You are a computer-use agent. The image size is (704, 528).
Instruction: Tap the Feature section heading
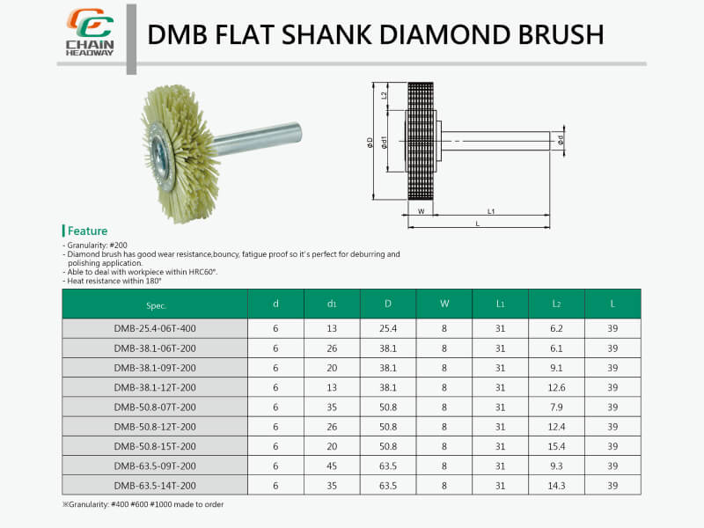[87, 231]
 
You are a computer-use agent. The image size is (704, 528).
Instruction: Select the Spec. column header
[155, 304]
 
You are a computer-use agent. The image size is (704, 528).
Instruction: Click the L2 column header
[556, 304]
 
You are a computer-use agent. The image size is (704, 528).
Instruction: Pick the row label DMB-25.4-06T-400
[155, 328]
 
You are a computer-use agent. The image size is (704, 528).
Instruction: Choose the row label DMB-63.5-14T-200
[155, 485]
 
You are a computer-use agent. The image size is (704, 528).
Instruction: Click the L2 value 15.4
[556, 446]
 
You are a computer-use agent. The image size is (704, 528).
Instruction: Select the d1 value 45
[332, 466]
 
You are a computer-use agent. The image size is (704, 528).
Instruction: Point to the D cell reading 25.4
[388, 328]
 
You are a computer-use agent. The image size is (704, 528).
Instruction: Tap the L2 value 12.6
[556, 387]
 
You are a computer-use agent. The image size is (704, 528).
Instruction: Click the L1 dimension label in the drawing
[491, 211]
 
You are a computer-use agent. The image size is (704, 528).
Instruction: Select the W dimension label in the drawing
[422, 211]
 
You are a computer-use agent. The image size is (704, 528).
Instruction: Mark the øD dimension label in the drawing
[370, 142]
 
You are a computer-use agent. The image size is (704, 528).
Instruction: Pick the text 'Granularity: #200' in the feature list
[99, 245]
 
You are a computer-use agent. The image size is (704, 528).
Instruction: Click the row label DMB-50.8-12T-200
[155, 427]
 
